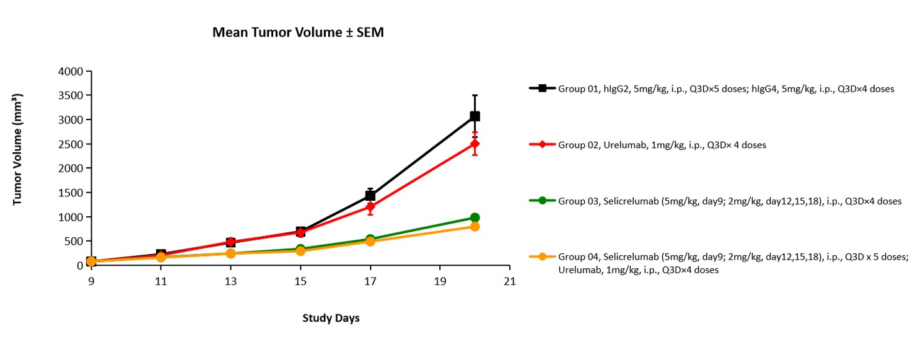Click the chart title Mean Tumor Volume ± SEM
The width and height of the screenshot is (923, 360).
point(298,33)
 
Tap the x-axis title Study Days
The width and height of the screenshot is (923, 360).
point(331,318)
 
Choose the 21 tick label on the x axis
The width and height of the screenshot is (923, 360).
point(510,281)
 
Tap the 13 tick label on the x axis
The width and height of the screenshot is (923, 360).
point(230,281)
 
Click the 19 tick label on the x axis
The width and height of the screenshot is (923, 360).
point(440,281)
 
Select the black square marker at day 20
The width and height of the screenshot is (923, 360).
point(475,116)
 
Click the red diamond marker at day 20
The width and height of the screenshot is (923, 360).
point(475,144)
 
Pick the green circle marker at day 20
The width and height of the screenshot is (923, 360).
point(475,217)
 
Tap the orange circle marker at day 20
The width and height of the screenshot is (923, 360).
point(475,227)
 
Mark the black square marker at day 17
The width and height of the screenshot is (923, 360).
point(370,196)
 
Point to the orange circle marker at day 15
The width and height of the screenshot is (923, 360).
point(300,251)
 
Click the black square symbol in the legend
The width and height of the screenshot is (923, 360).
point(543,89)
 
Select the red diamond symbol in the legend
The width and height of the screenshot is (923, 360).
point(543,145)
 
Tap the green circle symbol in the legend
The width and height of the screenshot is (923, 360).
point(543,201)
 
